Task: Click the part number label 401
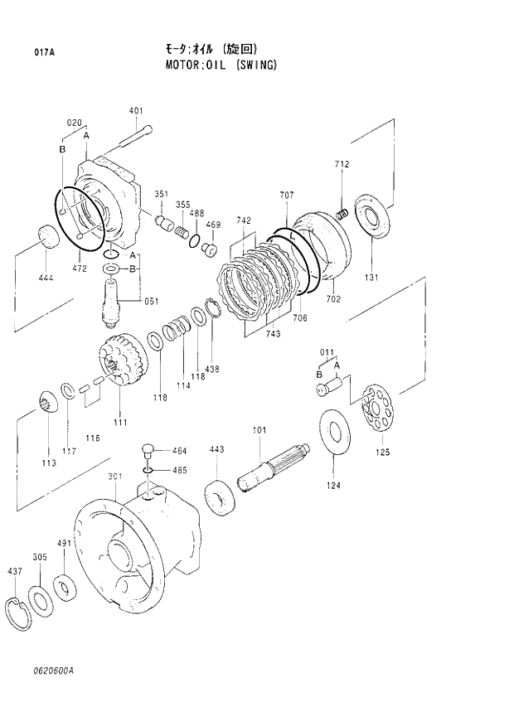pyautogui.click(x=136, y=110)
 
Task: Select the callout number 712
pyautogui.click(x=342, y=165)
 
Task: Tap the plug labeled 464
pyautogui.click(x=148, y=451)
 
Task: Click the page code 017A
pyautogui.click(x=44, y=51)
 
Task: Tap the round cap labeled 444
pyautogui.click(x=49, y=236)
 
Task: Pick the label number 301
pyautogui.click(x=115, y=477)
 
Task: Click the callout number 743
pyautogui.click(x=273, y=333)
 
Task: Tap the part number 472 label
pyautogui.click(x=79, y=269)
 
